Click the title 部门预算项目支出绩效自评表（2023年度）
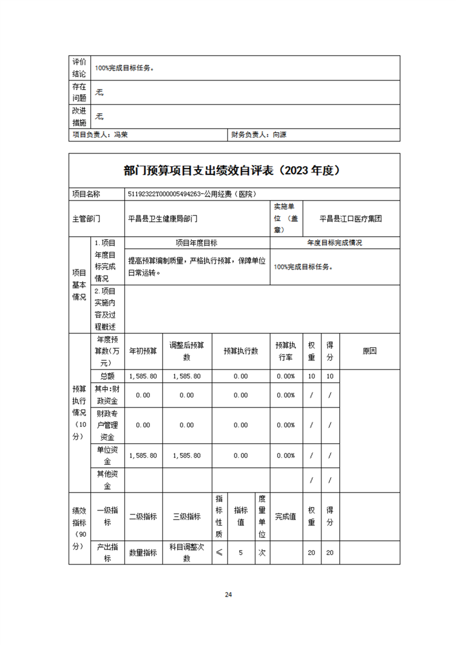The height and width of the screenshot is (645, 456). point(233,171)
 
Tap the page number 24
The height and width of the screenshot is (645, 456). point(228,594)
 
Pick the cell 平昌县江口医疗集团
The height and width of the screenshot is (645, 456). point(351,218)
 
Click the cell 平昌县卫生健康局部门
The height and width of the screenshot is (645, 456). point(163,218)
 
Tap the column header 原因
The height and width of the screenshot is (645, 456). point(369,351)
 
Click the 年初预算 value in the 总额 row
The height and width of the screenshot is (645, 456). point(143,376)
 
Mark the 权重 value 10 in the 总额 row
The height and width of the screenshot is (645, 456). point(312,376)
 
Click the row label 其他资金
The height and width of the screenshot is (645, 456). point(108,480)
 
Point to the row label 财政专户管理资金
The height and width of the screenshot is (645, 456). point(108,425)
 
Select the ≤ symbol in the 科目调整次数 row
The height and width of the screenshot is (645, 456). point(219,552)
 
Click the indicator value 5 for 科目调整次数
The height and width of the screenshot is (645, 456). point(240,552)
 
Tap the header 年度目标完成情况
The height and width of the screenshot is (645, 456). point(334,243)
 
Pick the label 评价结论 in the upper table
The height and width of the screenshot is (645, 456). point(79,67)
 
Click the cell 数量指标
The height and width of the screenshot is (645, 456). point(143,552)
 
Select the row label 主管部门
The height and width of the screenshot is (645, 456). point(86,218)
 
